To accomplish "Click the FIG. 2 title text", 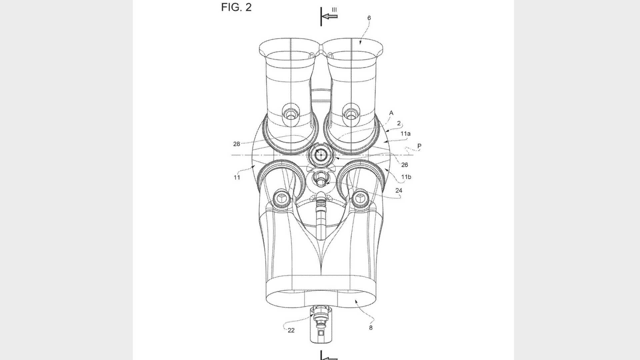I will [x=236, y=7].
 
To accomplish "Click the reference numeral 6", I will [x=369, y=18].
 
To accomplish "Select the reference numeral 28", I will [x=236, y=144].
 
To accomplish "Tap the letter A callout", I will [x=391, y=113].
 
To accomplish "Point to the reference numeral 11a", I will [x=405, y=134].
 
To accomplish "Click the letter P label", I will [x=419, y=146].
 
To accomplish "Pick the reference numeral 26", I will [x=405, y=165].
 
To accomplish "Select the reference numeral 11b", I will [x=406, y=177].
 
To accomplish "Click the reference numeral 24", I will [x=399, y=190].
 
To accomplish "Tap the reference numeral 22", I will [x=291, y=330].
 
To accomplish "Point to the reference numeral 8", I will [x=371, y=328].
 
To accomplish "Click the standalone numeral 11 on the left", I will [x=237, y=177].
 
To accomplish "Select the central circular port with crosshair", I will [x=321, y=155].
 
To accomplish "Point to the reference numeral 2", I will [x=399, y=123].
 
